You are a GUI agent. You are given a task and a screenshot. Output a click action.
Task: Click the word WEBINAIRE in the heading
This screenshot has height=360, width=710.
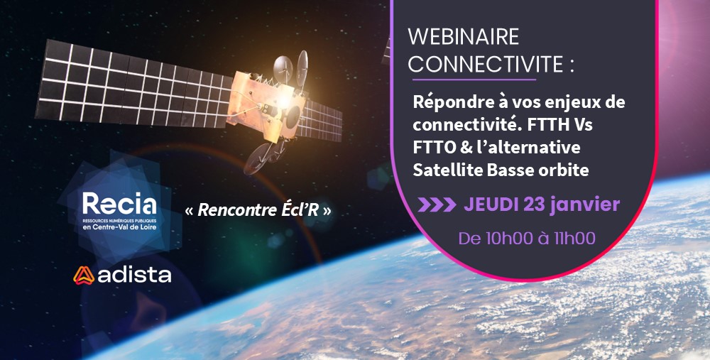coord(463,37)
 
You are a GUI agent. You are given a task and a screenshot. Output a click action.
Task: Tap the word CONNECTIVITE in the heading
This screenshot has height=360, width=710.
coord(485,65)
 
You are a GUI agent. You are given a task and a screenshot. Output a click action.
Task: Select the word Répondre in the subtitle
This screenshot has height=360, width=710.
coord(452,103)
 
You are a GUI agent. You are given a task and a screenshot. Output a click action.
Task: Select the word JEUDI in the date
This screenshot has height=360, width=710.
coord(492,204)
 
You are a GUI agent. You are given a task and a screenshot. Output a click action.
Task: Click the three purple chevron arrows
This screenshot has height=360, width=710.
coord(437,204)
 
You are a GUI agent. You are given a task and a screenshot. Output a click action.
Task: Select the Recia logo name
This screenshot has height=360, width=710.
coord(119,204)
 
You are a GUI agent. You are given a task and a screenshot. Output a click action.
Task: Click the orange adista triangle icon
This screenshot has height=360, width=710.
coord(84,276)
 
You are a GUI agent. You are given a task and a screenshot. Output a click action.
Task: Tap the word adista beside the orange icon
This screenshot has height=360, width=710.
coord(134,276)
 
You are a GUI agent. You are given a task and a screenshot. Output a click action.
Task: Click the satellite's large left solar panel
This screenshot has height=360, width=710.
coord(133,84)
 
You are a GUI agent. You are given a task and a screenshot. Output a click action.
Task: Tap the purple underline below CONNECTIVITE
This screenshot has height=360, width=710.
coord(474,80)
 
